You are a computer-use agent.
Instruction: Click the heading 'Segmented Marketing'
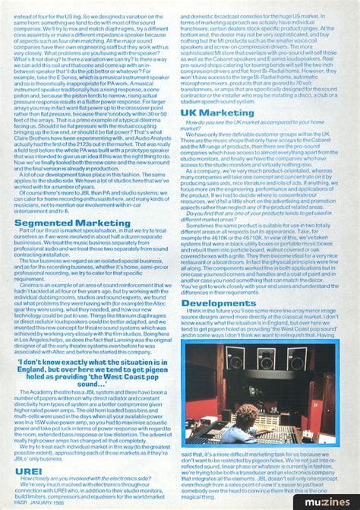(x=65, y=223)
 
